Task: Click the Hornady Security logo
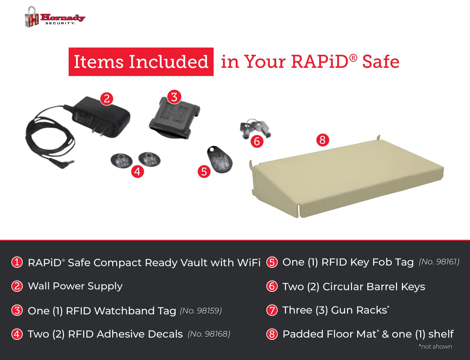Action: [x=55, y=17]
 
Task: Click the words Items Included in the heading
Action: [x=141, y=62]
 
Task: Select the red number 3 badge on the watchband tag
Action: [x=174, y=97]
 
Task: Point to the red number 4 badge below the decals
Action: [x=137, y=171]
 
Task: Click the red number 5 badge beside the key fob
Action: [x=204, y=171]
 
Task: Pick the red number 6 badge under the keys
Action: [x=257, y=141]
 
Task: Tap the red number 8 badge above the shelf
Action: [x=322, y=140]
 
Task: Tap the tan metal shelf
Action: [x=348, y=178]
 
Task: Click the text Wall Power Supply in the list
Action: [x=75, y=286]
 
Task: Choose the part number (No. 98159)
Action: [x=201, y=310]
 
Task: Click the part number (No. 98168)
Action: [x=209, y=334]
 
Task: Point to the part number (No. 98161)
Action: [x=439, y=262]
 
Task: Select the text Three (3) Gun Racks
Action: [x=335, y=310]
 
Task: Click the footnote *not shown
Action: [x=435, y=346]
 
